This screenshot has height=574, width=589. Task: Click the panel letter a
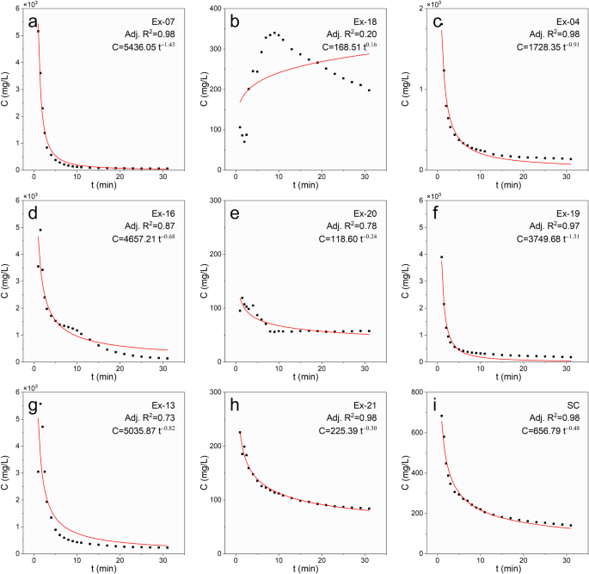33,22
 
